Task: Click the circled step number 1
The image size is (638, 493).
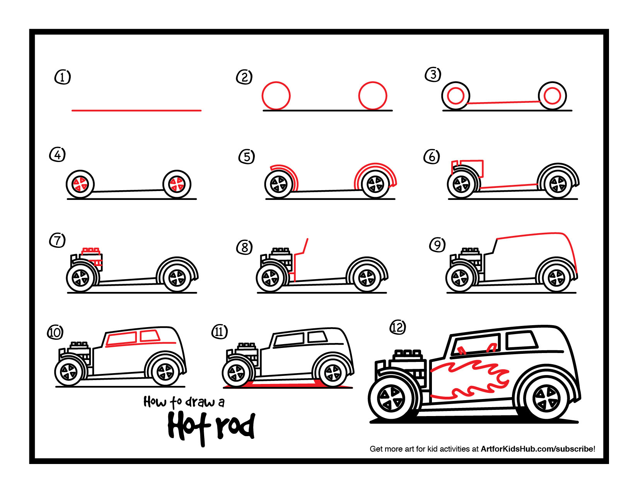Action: pyautogui.click(x=63, y=77)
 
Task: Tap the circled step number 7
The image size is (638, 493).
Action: pyautogui.click(x=57, y=240)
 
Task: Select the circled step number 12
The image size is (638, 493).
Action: pyautogui.click(x=397, y=327)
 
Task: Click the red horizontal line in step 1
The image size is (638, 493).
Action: pyautogui.click(x=136, y=111)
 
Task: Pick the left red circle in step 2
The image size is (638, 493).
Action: pyautogui.click(x=276, y=96)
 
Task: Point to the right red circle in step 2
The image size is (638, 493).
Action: pyautogui.click(x=373, y=96)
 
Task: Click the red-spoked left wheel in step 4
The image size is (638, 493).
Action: pyautogui.click(x=80, y=184)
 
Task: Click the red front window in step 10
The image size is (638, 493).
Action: pyautogui.click(x=121, y=339)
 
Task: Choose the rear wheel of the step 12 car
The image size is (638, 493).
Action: pyautogui.click(x=546, y=399)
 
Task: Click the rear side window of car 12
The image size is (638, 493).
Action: pyautogui.click(x=521, y=340)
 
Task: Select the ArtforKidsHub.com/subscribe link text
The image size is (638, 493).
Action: pyautogui.click(x=537, y=449)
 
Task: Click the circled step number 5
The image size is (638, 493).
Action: pyautogui.click(x=247, y=157)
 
